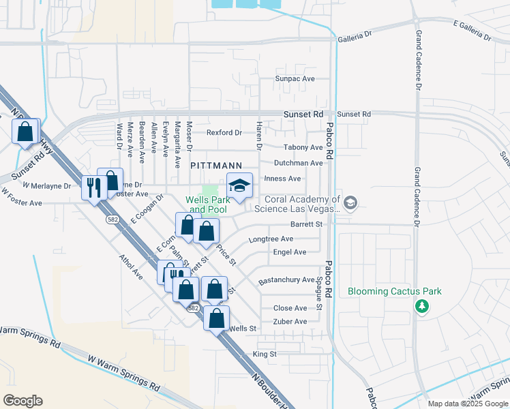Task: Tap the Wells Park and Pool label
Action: pos(206,204)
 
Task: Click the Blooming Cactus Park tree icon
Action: pos(422,306)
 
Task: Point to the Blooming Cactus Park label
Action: pos(395,291)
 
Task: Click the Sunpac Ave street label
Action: pos(295,79)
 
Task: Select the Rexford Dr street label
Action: pos(224,132)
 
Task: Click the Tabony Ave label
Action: pos(303,147)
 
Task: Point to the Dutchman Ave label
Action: pos(298,163)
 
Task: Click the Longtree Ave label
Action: pos(271,239)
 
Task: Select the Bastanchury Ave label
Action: pos(286,280)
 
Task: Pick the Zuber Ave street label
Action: pos(290,322)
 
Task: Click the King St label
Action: pos(265,354)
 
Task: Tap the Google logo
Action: pos(22,401)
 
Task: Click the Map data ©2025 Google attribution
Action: pos(467,404)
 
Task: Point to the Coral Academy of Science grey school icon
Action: pos(350,202)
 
